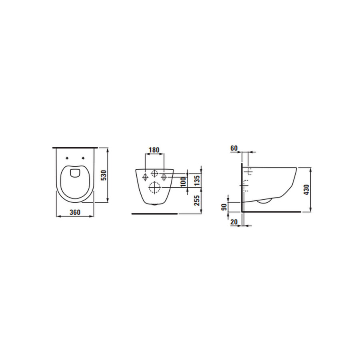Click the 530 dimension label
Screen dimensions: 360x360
(103, 175)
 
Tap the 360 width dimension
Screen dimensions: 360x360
(75, 212)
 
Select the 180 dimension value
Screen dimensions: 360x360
(154, 150)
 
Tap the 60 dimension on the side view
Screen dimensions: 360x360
(234, 148)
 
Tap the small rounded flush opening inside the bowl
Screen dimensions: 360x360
(75, 173)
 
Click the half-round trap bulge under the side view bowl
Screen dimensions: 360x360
(264, 201)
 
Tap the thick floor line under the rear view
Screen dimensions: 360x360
(154, 214)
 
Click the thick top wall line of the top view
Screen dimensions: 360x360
(75, 148)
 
